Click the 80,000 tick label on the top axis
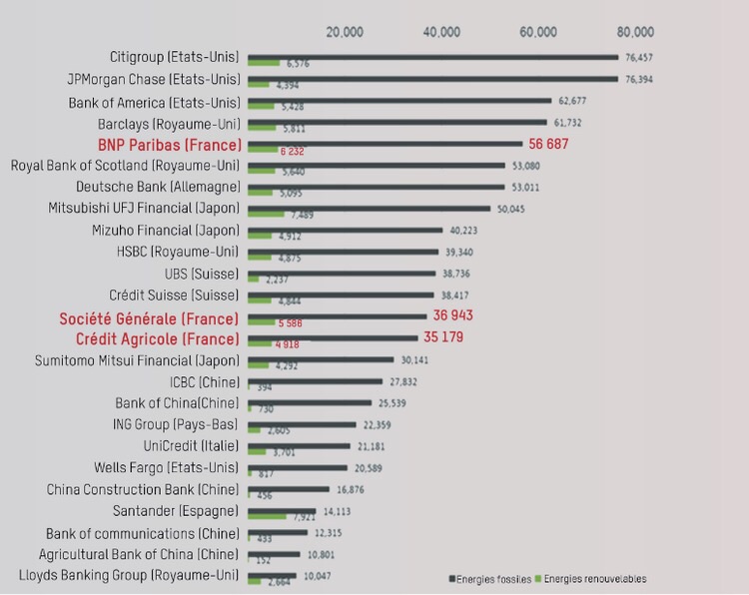click(x=635, y=32)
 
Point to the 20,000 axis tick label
click(x=345, y=32)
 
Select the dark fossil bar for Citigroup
click(x=432, y=57)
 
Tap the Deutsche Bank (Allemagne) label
click(x=158, y=187)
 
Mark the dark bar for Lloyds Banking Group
click(x=272, y=575)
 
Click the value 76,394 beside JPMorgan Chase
click(x=639, y=79)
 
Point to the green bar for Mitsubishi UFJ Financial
click(x=266, y=214)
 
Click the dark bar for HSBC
click(x=343, y=252)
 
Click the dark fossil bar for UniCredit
click(x=299, y=445)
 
